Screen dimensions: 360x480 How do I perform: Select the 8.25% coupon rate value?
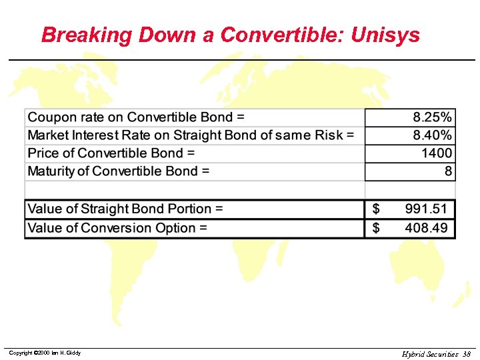pos(432,117)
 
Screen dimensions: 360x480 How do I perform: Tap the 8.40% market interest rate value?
pos(432,135)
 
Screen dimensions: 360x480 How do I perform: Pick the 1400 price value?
pos(437,153)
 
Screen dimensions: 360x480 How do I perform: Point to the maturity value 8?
pos(449,171)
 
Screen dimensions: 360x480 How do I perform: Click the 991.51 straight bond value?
pos(427,209)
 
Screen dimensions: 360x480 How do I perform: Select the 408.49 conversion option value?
pos(427,228)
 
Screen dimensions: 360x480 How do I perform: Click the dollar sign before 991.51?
pos(376,209)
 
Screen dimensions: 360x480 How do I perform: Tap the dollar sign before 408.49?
pos(376,228)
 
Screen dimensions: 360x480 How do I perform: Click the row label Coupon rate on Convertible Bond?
pos(136,117)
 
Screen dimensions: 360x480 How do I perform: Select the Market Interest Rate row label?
pos(191,135)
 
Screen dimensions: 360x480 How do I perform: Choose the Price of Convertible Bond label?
pos(111,153)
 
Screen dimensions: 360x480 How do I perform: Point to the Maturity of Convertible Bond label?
pos(119,171)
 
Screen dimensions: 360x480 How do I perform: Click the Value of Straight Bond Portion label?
pos(125,209)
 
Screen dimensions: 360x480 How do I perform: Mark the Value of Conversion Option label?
pos(117,228)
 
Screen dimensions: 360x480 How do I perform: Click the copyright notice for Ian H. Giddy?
pos(45,353)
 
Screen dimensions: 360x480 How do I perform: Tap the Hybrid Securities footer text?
pos(430,354)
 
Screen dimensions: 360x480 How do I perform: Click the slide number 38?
pos(467,354)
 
